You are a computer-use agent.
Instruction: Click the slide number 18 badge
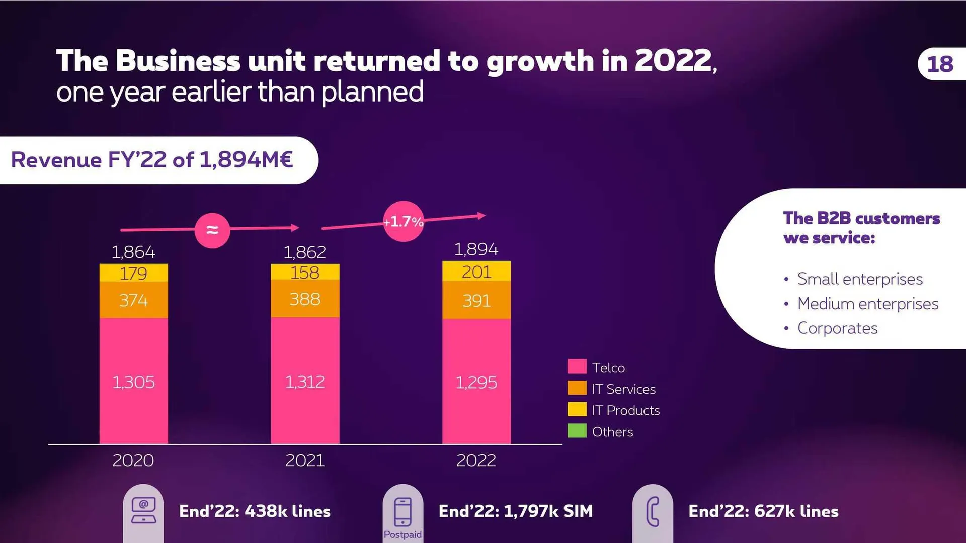point(940,64)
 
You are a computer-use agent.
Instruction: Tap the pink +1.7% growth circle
point(404,222)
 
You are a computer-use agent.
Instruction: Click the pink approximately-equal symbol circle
point(212,230)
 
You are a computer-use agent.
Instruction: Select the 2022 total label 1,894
point(476,249)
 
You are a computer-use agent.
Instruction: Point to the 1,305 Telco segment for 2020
point(133,382)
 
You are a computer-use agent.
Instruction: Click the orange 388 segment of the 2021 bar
point(305,299)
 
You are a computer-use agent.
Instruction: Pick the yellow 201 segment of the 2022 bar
point(476,272)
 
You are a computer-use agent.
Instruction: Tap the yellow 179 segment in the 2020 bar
point(133,274)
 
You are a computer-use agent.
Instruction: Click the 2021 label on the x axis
point(305,460)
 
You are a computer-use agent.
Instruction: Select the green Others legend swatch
point(577,431)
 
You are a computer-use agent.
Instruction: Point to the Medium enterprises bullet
point(867,304)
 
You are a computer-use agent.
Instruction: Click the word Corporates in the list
point(837,328)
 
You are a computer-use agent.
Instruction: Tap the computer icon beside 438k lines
point(143,511)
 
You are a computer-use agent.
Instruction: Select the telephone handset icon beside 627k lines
point(653,512)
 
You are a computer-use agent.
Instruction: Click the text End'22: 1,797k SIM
point(515,511)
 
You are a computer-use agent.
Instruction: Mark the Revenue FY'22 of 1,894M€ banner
point(152,160)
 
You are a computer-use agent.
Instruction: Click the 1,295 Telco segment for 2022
point(476,382)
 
